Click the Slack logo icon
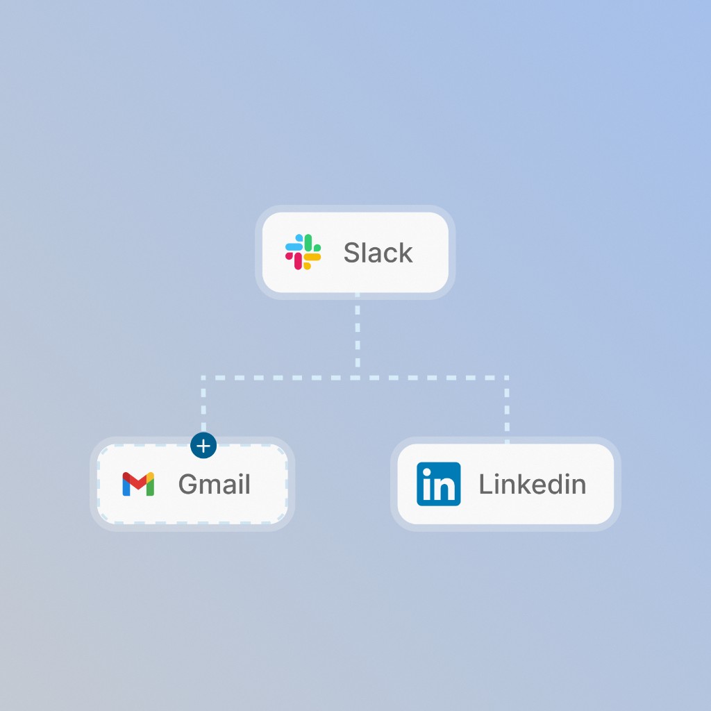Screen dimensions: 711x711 coord(303,251)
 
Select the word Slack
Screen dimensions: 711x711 coord(378,253)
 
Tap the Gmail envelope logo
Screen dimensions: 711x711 coord(138,484)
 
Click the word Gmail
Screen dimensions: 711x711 coord(214,484)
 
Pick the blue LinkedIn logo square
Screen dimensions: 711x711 coord(439,484)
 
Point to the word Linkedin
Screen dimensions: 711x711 coord(533,484)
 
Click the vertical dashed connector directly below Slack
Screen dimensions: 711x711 coord(358,335)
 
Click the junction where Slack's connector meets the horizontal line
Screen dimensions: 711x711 coord(358,378)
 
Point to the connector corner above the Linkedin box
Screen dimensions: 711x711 coord(507,378)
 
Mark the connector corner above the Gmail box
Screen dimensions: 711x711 coord(203,378)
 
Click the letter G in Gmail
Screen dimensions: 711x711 coord(189,484)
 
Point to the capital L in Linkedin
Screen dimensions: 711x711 coord(486,484)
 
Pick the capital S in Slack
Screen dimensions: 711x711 coord(352,253)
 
